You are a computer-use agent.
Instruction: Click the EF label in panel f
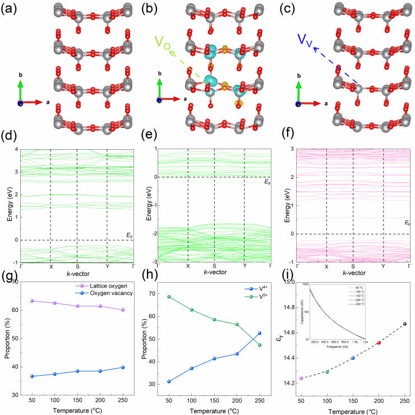[x=407, y=223]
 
